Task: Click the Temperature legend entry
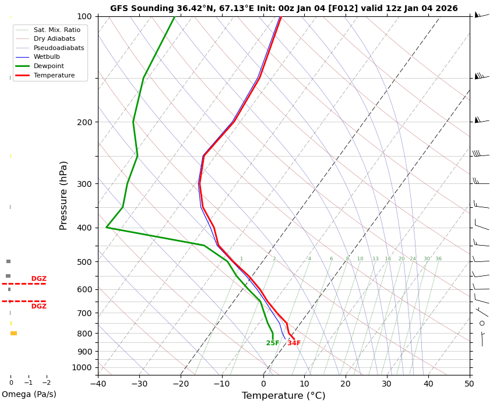(54, 76)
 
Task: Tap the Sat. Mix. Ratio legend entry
(57, 30)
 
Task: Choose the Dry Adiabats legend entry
(54, 39)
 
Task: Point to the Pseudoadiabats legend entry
(58, 48)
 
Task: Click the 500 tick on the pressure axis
(83, 262)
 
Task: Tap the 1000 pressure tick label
(81, 367)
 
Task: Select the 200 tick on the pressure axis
(83, 122)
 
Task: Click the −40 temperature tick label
(97, 384)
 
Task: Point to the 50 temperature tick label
(469, 384)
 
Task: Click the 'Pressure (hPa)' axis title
(64, 195)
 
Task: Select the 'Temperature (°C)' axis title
(284, 396)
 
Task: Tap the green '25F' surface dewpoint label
(273, 343)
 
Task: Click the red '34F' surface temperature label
(294, 343)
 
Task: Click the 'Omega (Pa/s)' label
(29, 395)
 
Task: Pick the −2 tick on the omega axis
(47, 382)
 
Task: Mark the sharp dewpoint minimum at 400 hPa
(107, 227)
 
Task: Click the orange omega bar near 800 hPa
(13, 334)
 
